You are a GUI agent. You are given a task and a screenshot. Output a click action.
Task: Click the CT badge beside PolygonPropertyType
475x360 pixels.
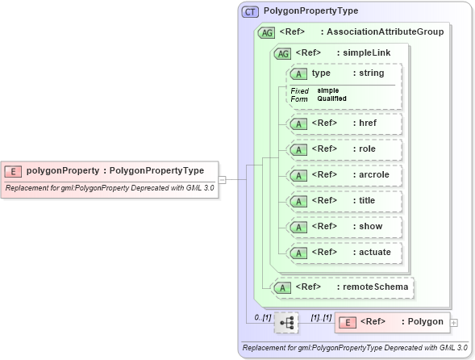pyautogui.click(x=250, y=11)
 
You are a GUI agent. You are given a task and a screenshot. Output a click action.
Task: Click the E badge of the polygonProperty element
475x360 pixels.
pyautogui.click(x=14, y=170)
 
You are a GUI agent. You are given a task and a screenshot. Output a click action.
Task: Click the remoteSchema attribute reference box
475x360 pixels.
pyautogui.click(x=343, y=286)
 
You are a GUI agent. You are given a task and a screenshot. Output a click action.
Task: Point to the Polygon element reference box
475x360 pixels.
pyautogui.click(x=392, y=322)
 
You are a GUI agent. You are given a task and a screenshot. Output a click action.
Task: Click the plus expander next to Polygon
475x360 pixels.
pyautogui.click(x=454, y=323)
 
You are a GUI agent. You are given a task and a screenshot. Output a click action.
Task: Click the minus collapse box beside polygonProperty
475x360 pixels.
pyautogui.click(x=222, y=179)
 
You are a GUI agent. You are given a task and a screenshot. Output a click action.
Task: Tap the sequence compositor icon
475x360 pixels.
pyautogui.click(x=285, y=323)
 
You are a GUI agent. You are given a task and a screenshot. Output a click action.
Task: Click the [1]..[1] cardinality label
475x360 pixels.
pyautogui.click(x=320, y=317)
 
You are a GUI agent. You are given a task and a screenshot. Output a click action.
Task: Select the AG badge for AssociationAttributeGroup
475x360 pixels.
pyautogui.click(x=265, y=33)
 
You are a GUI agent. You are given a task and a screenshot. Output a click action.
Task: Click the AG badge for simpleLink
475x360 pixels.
pyautogui.click(x=283, y=53)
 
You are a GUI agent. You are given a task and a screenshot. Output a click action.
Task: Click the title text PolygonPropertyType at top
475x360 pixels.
pyautogui.click(x=310, y=11)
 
